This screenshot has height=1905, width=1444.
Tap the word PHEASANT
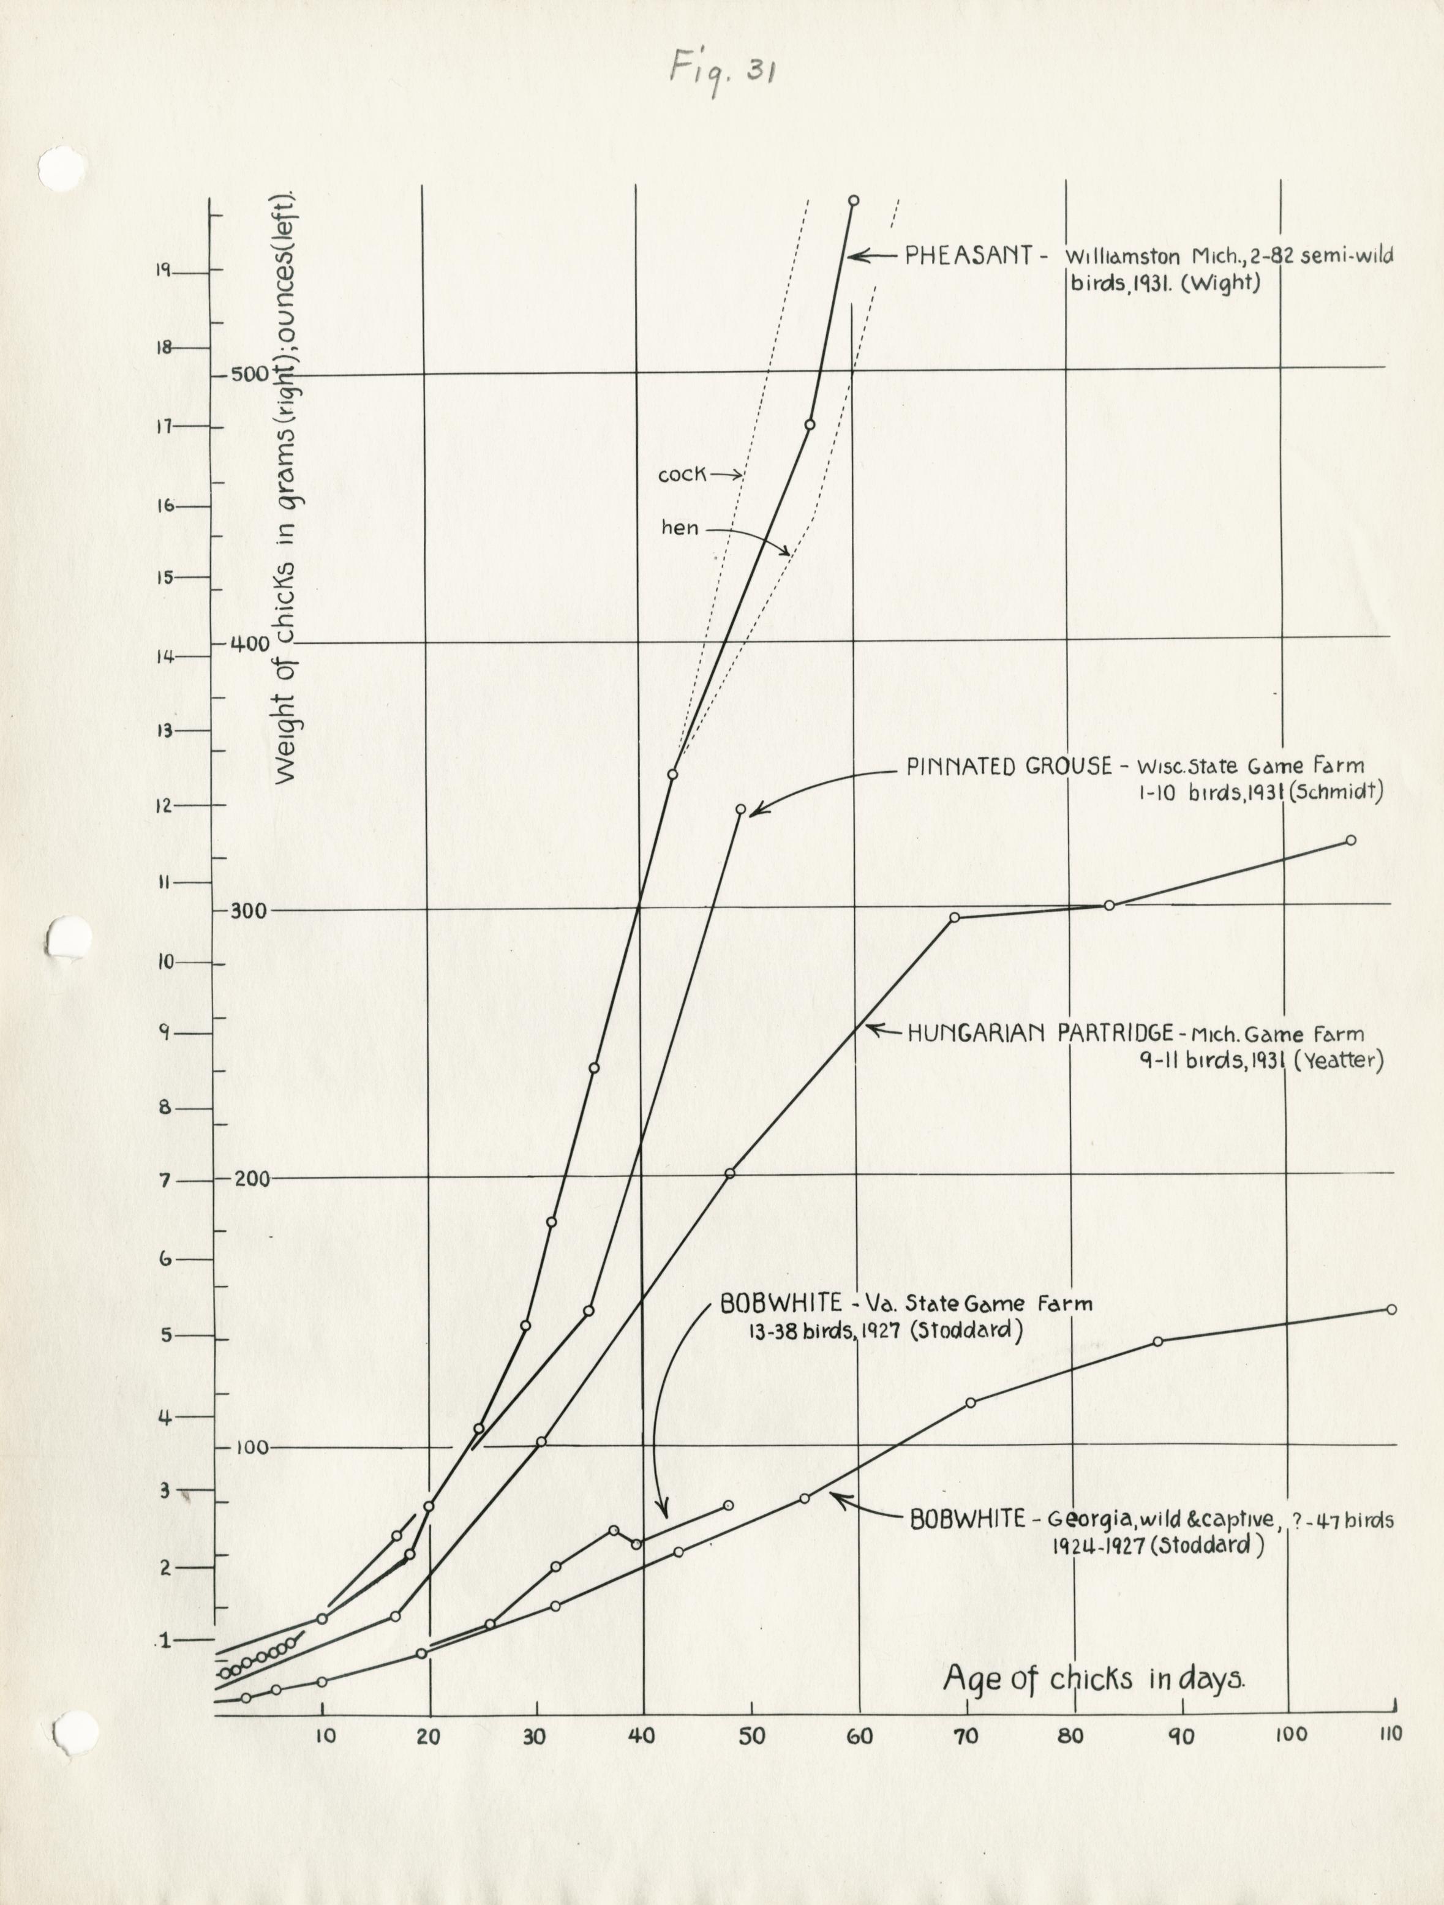point(969,256)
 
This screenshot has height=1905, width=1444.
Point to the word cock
point(682,475)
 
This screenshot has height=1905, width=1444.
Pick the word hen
point(680,528)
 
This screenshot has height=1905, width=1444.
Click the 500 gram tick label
point(250,375)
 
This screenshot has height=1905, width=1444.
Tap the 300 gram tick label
point(250,911)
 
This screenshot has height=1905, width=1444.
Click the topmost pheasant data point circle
point(853,201)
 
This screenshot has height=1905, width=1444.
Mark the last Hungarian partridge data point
point(1350,841)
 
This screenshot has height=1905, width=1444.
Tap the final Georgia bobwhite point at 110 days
point(1391,1309)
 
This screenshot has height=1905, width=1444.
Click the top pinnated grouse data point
point(740,810)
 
